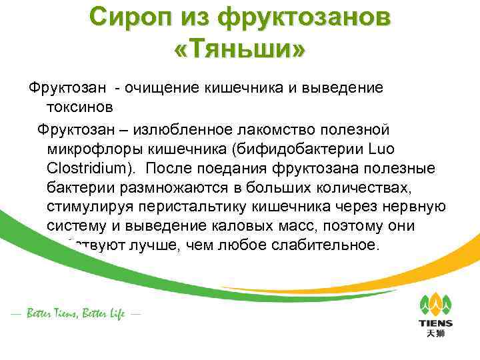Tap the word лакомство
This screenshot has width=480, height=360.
(x=265, y=129)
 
